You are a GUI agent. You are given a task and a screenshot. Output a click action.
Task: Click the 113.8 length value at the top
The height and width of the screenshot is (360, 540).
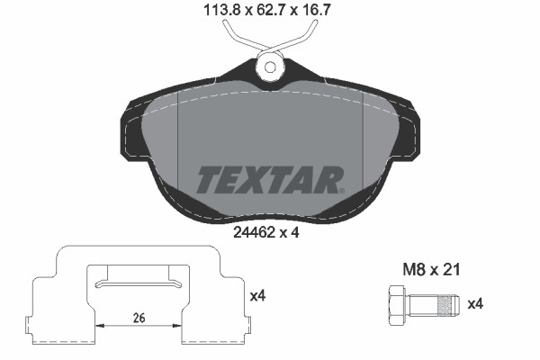pos(215,13)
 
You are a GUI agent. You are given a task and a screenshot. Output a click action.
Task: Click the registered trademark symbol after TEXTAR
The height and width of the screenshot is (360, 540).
pos(339,190)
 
